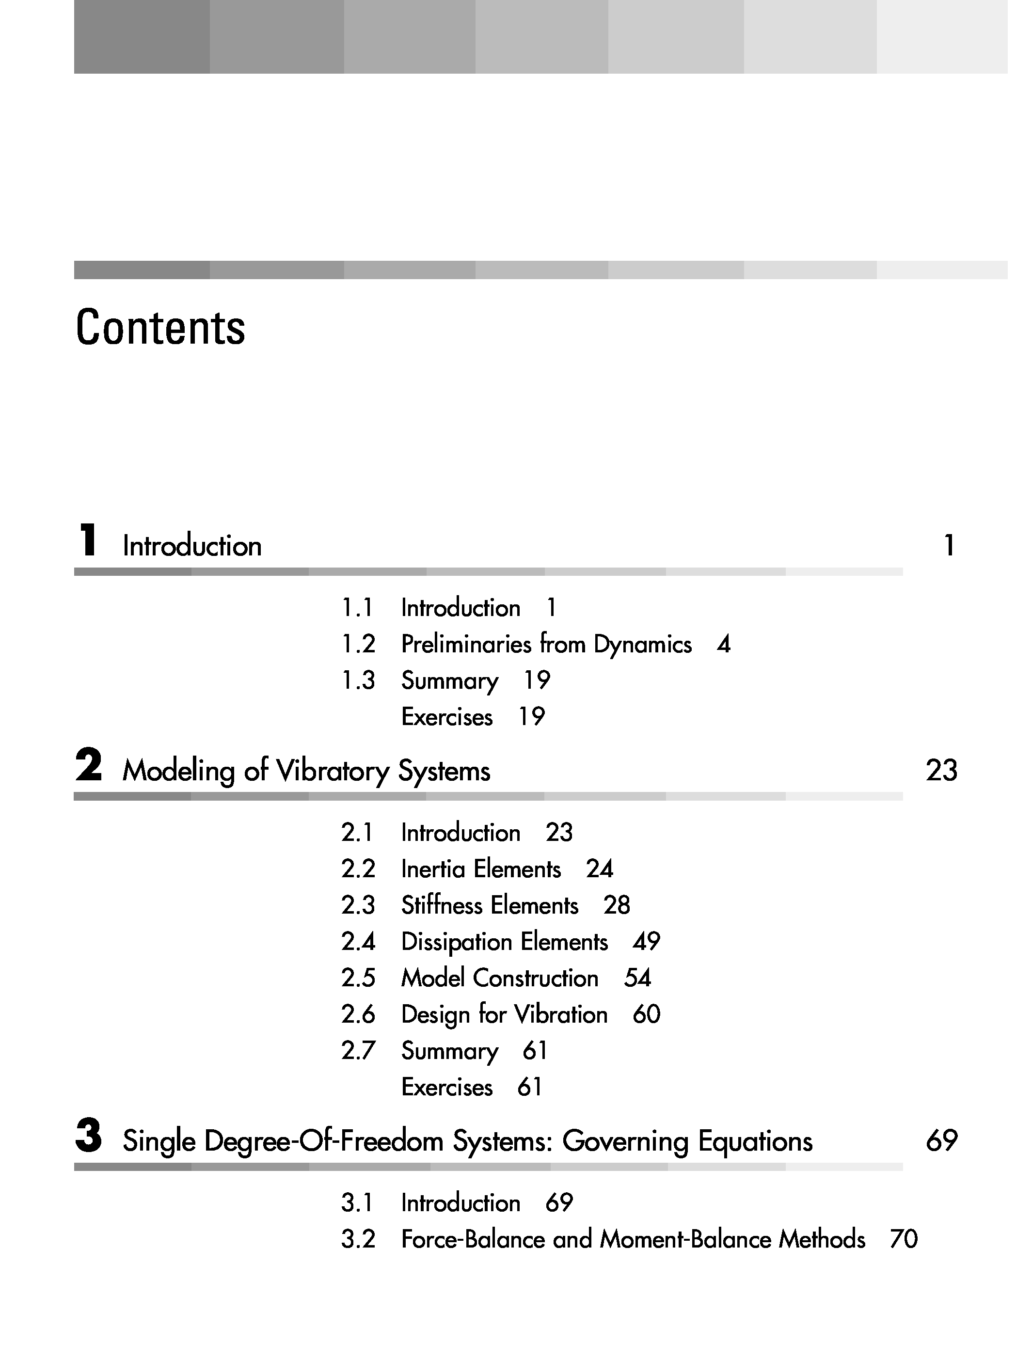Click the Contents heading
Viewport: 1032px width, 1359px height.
click(160, 328)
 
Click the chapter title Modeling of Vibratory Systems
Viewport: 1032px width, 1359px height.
click(306, 771)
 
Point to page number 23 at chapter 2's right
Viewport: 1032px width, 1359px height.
click(941, 771)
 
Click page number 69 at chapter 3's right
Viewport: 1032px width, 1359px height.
click(941, 1141)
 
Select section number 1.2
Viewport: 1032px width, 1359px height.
click(358, 644)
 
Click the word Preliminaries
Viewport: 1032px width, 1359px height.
click(466, 644)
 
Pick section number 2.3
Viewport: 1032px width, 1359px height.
click(358, 905)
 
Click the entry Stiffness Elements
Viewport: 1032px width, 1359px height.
click(490, 905)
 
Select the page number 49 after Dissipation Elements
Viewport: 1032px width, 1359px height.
click(646, 941)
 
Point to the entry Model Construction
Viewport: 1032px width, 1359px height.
click(499, 978)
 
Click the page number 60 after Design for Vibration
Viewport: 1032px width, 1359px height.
click(646, 1014)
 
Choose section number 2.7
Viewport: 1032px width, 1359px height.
click(358, 1050)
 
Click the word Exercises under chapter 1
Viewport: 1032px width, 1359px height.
click(446, 716)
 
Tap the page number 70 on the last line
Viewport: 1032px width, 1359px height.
click(903, 1239)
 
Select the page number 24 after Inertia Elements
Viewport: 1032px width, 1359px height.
click(599, 869)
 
